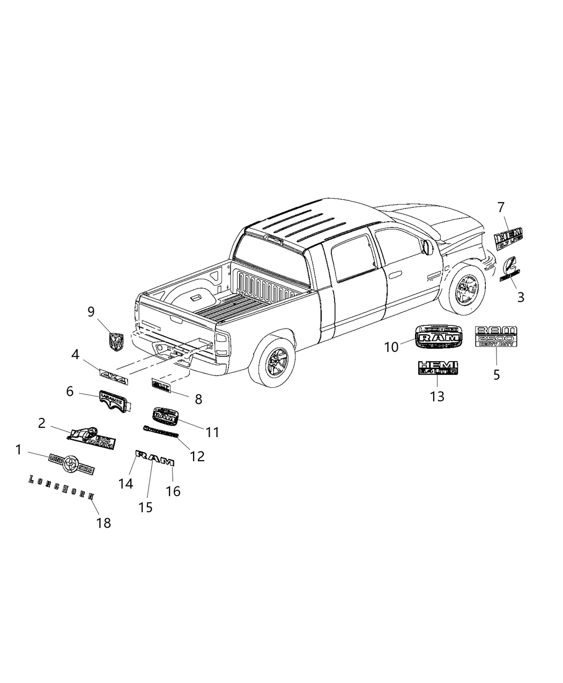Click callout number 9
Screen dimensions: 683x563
91,312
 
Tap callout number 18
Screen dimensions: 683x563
103,522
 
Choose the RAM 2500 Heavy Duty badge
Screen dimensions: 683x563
496,336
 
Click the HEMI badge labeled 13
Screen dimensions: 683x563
438,367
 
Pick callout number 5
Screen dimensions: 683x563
497,374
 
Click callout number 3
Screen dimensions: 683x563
521,296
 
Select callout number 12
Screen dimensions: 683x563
197,456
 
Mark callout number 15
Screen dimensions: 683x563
145,507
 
